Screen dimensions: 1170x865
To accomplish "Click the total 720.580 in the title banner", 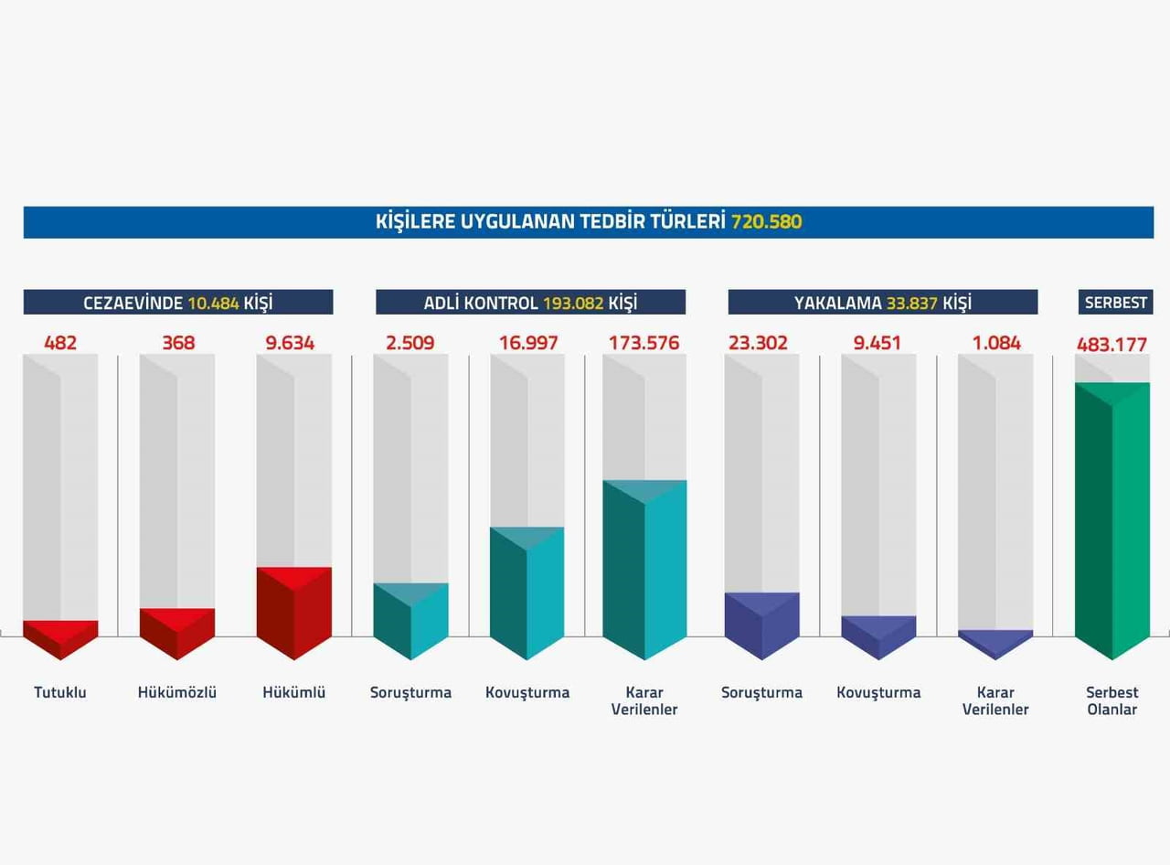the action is [766, 221].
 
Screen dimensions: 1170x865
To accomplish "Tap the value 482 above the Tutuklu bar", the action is [60, 343].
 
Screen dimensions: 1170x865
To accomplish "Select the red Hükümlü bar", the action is [293, 614].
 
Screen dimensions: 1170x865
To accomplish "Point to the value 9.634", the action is [290, 343].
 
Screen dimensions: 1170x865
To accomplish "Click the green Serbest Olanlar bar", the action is [1112, 521].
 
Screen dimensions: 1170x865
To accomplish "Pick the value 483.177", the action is [1111, 345].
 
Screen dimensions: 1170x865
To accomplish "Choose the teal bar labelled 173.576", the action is [644, 570].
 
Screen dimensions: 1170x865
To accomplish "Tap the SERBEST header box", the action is [1116, 303].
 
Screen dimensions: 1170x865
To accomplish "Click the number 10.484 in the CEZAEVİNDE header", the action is [214, 303].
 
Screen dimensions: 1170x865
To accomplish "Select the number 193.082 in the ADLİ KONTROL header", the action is [573, 303].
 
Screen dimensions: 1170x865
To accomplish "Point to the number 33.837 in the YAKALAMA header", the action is [912, 303].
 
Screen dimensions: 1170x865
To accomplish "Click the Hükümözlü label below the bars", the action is [177, 692].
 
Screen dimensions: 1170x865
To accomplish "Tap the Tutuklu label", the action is [60, 692].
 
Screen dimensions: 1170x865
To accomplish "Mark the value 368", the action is [178, 343].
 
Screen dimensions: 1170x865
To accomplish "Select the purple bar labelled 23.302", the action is [761, 626].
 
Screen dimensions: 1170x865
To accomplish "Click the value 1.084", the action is [996, 343].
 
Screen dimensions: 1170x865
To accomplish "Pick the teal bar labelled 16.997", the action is [527, 593].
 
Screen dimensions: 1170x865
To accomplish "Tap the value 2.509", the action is [409, 343].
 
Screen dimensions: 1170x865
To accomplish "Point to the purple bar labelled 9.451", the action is [878, 637].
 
